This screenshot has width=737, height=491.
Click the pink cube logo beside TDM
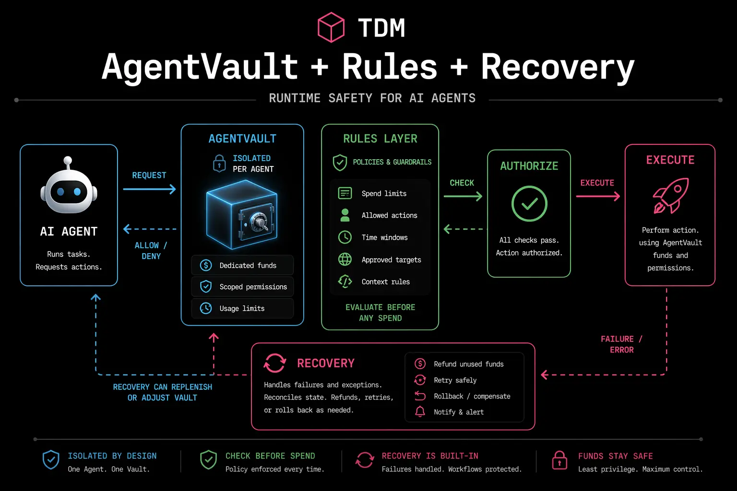coord(331,27)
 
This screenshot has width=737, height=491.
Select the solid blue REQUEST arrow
coord(149,189)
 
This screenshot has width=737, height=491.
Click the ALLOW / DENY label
coord(151,251)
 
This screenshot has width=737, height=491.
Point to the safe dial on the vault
coord(259,222)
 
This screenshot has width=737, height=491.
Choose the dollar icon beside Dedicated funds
coord(206,265)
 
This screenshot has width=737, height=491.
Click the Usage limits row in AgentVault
coord(242,308)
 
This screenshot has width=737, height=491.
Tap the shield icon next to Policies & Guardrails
coord(340,163)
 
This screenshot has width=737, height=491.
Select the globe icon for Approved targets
coord(345,259)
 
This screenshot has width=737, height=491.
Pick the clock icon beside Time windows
coord(345,237)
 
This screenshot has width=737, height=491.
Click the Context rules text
coord(385,282)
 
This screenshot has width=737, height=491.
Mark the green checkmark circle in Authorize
coord(529,204)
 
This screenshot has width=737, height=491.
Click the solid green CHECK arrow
coord(463,196)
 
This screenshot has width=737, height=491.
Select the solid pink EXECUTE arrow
coord(597,196)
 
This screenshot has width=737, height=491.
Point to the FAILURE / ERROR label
coord(621,344)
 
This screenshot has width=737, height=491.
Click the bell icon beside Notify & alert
coord(420,412)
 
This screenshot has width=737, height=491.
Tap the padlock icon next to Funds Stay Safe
coord(559,460)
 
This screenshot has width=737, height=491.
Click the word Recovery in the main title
coord(558,67)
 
